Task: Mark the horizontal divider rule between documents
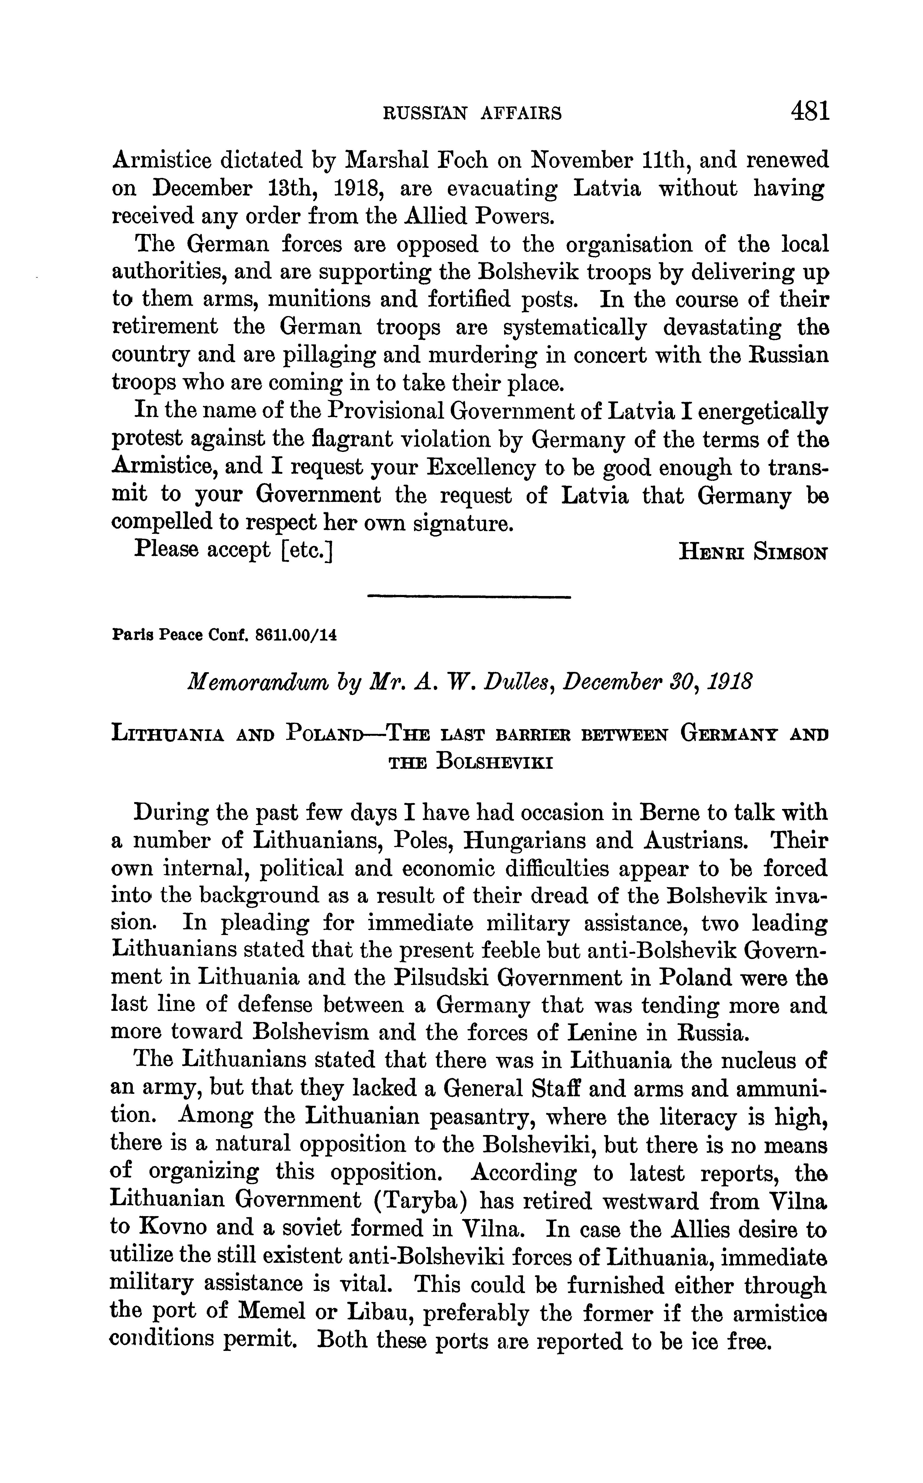[x=469, y=597]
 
